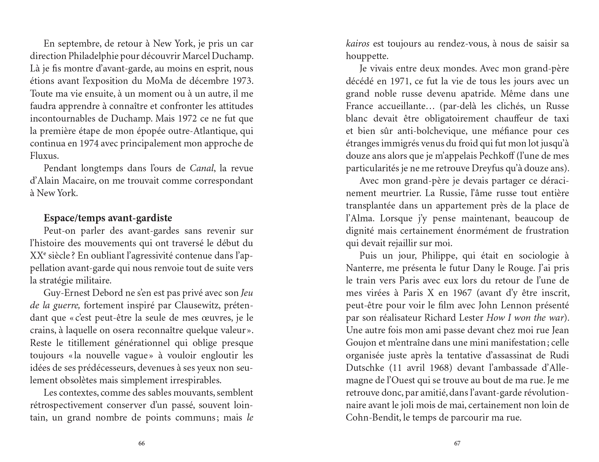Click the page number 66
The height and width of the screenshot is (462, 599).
point(141,444)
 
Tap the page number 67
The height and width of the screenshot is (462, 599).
point(457,444)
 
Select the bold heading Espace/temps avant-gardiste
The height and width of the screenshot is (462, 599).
point(108,218)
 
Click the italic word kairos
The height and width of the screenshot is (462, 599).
point(358,44)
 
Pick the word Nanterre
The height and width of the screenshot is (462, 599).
point(362,268)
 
